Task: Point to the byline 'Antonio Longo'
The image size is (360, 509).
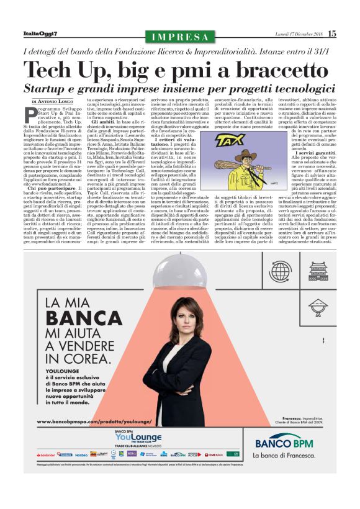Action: [55, 101]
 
